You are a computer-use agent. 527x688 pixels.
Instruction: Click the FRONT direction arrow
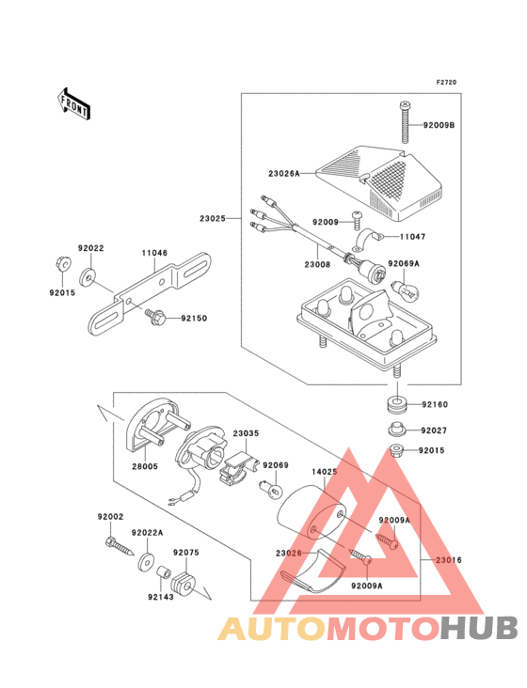coord(73,104)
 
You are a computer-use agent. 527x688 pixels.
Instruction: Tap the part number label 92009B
coord(439,126)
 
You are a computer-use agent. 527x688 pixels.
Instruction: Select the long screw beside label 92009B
coord(406,122)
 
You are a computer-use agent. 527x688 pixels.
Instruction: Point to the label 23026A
coord(283,174)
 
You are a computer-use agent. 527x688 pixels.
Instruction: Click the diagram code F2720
coord(446,82)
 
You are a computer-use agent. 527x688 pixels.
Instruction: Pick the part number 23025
coord(212,218)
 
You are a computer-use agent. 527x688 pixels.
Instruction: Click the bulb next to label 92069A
coord(407,289)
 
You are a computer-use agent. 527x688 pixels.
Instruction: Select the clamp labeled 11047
coord(369,241)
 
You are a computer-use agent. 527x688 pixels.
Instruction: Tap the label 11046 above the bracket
coord(154,253)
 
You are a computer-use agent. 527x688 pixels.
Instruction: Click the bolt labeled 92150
coord(156,317)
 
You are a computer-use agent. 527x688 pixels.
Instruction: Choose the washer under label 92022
coord(88,277)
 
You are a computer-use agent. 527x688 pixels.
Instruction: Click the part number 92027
coord(434,430)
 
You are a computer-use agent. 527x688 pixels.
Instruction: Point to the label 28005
coord(145,466)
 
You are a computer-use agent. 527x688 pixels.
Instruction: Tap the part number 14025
coord(325,472)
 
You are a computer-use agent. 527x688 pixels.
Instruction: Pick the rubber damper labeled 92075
coord(183,582)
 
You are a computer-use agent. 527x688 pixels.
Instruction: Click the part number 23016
coord(449,560)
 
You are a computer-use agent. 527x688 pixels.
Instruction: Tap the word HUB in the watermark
coord(480,628)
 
